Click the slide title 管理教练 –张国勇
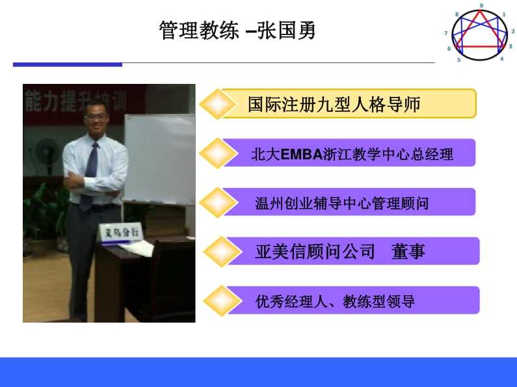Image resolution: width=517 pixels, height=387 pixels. pos(237,31)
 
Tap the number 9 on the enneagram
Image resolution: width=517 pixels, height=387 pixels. pos(481,5)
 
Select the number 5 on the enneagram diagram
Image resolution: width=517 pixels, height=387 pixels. pos(458,60)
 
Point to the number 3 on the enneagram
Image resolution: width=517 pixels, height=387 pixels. pos(510,46)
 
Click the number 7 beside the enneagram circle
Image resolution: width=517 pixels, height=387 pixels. pos(446,33)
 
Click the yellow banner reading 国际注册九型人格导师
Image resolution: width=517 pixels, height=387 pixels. pos(348,104)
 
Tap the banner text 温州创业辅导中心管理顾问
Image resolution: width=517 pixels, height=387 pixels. pos(341,204)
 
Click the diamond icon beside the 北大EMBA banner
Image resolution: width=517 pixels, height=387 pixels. pos(219,153)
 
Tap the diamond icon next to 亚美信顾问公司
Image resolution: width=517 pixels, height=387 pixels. pos(221,252)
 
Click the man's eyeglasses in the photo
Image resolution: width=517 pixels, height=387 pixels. pos(96,116)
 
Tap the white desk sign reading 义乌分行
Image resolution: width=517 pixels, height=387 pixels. pos(121,232)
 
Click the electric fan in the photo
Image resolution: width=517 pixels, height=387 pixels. pos(47,153)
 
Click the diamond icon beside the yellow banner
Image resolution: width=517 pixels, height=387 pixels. pos(217,104)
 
